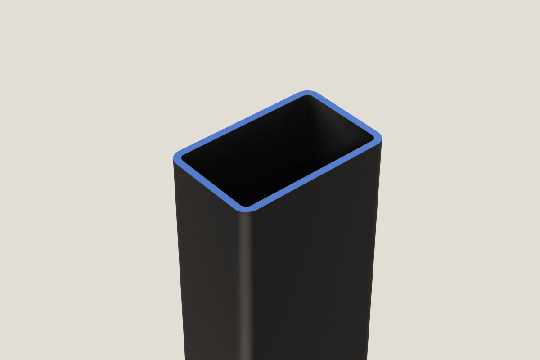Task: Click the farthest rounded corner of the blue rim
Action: click(308, 94)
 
